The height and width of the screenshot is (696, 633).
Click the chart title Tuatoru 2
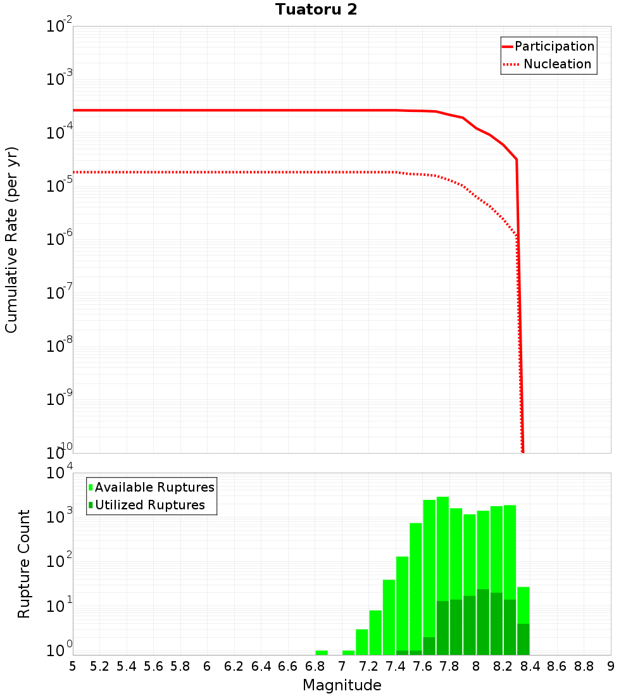(x=316, y=10)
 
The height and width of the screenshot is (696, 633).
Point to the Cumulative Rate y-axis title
(x=11, y=240)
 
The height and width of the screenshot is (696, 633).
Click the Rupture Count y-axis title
(x=24, y=564)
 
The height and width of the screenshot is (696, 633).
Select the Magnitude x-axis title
(x=342, y=685)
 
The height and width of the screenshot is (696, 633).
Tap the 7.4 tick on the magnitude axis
(x=396, y=666)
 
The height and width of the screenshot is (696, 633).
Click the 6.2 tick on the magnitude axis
(x=234, y=666)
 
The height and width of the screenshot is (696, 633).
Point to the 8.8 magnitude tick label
(x=584, y=666)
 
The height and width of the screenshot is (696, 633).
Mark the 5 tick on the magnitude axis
(x=73, y=666)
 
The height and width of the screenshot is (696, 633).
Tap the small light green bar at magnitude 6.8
(x=322, y=652)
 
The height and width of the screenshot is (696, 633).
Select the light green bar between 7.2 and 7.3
(x=375, y=632)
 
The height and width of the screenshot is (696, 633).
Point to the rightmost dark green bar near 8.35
(x=523, y=639)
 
